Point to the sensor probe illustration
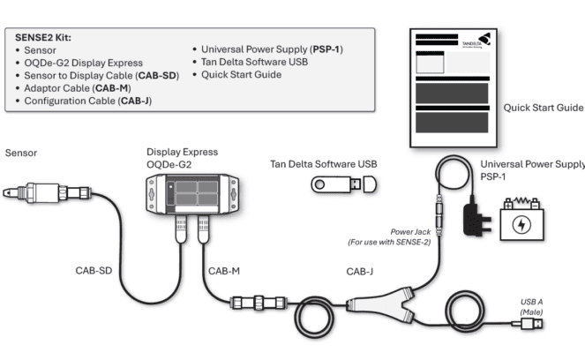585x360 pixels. click(x=41, y=191)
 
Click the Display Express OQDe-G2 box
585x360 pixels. click(x=191, y=190)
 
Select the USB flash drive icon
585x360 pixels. click(x=344, y=184)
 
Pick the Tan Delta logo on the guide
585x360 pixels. click(x=469, y=42)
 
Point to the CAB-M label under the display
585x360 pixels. click(x=223, y=271)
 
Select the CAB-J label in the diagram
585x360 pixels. click(x=359, y=271)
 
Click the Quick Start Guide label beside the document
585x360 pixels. click(x=543, y=108)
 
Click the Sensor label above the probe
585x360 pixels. click(x=22, y=153)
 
